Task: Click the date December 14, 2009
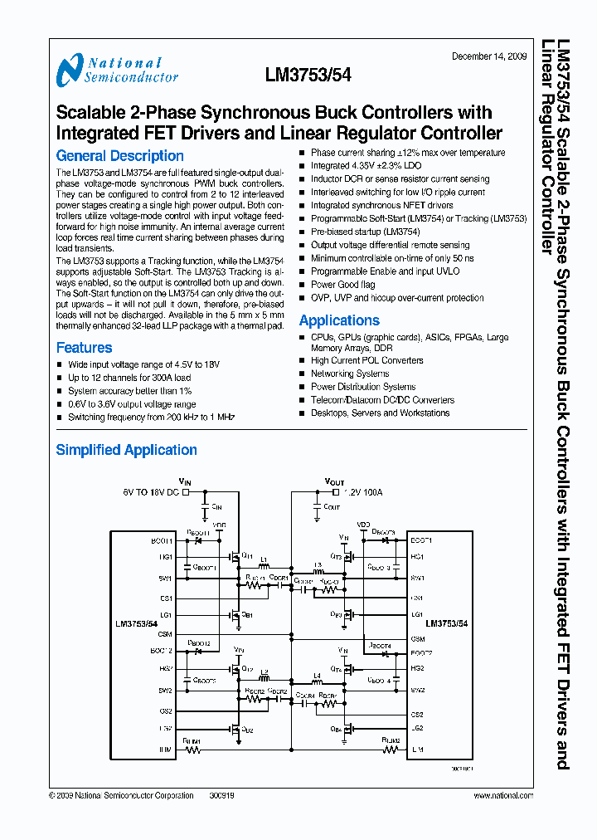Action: click(x=488, y=56)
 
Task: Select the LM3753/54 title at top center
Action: click(x=308, y=76)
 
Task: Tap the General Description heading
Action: click(x=119, y=156)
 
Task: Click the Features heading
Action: click(x=84, y=348)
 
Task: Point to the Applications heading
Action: click(x=339, y=320)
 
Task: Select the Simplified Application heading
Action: click(x=126, y=450)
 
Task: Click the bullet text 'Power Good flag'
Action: click(x=342, y=285)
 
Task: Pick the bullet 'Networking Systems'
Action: click(x=349, y=374)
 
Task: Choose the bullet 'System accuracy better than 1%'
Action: click(x=129, y=391)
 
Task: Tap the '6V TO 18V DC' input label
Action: click(x=150, y=492)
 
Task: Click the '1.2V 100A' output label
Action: click(x=364, y=492)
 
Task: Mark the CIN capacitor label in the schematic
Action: click(x=217, y=505)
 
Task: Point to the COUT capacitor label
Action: click(x=332, y=505)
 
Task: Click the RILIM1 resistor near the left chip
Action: click(x=192, y=749)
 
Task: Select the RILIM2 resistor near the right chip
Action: click(x=390, y=749)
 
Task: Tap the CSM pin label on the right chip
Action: click(x=417, y=638)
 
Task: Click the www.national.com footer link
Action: click(x=503, y=795)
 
